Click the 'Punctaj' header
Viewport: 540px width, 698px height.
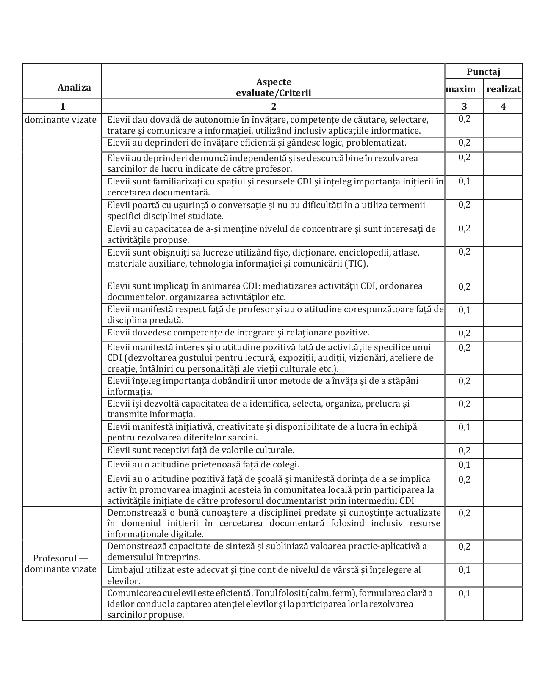pyautogui.click(x=483, y=72)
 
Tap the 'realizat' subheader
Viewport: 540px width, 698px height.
pyautogui.click(x=503, y=89)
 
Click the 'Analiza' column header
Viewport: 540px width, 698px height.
pyautogui.click(x=74, y=88)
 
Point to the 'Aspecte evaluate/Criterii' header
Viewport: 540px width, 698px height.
pyautogui.click(x=273, y=88)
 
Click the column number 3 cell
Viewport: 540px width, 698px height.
pyautogui.click(x=464, y=106)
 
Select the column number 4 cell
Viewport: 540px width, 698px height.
pyautogui.click(x=503, y=106)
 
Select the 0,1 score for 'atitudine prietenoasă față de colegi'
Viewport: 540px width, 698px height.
pyautogui.click(x=464, y=465)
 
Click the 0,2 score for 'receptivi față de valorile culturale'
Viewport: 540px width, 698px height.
pyautogui.click(x=464, y=451)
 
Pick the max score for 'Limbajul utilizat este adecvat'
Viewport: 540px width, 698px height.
pyautogui.click(x=464, y=570)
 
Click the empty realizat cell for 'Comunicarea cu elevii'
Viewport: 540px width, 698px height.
pyautogui.click(x=503, y=604)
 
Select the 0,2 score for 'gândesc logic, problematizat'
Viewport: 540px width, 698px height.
pyautogui.click(x=464, y=143)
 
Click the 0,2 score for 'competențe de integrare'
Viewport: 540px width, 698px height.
pyautogui.click(x=464, y=333)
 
